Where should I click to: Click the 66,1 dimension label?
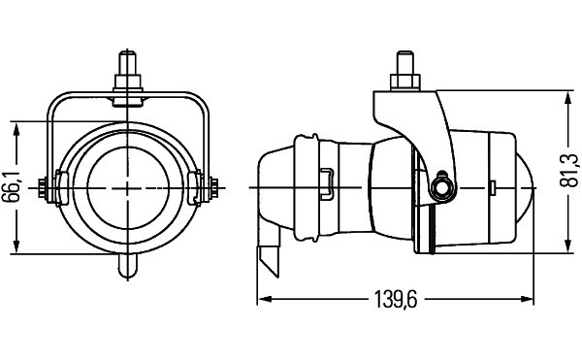click(x=14, y=187)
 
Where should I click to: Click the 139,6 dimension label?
click(x=397, y=299)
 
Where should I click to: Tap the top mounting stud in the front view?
click(x=127, y=63)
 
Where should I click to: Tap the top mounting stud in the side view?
click(x=404, y=63)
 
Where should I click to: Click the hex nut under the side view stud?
click(x=404, y=82)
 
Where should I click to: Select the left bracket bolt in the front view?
click(x=43, y=189)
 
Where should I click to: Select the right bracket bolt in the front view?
click(x=213, y=189)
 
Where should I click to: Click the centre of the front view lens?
click(x=128, y=188)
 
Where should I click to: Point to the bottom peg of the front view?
click(x=128, y=266)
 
